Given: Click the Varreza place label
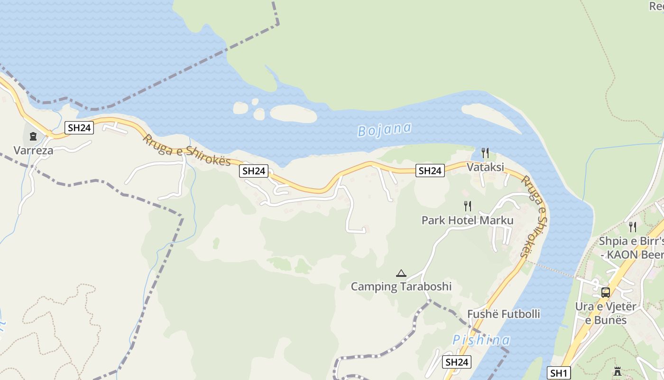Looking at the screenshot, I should tap(33, 151).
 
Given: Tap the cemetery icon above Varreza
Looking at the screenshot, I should tap(33, 137).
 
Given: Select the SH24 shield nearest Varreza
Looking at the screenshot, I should tap(79, 127).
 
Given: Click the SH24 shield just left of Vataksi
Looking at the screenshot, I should tap(430, 171).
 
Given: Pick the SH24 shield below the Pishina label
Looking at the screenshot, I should tap(457, 362).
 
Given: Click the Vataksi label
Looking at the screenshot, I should tap(485, 167).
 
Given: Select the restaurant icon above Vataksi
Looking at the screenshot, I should tap(485, 153).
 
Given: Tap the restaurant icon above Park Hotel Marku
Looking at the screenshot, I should tap(468, 206).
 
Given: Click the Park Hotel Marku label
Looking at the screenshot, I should tap(468, 220).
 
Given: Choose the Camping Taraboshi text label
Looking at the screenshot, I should tap(401, 286).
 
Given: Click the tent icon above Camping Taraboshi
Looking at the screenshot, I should tap(401, 273).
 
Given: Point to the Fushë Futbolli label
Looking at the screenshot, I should tap(504, 314).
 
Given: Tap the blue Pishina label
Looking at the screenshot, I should tap(481, 340).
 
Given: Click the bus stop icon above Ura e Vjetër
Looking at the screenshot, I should tap(606, 293).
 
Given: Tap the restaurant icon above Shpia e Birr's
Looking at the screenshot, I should tap(632, 227).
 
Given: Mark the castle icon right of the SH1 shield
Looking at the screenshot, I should tap(617, 371).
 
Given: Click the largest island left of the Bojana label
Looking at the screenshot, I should tap(293, 114).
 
